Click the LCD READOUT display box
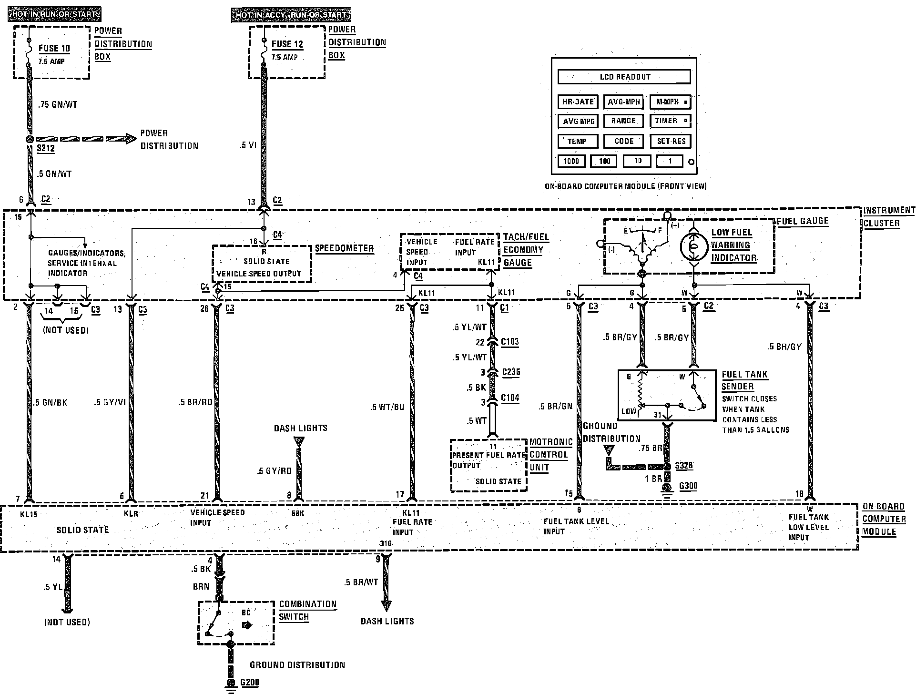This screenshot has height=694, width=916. pos(624,77)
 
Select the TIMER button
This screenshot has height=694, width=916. pos(670,121)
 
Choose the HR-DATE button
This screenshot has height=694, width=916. pos(578,102)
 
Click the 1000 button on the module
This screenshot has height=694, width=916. pos(571,161)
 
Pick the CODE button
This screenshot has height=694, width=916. pos(624,141)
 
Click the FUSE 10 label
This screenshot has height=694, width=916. pos(54,48)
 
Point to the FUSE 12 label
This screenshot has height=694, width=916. pos(287,44)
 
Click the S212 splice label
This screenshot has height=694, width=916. pos(46,148)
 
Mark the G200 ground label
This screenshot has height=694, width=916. pos(250,683)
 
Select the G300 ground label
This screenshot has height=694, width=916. pos(688,486)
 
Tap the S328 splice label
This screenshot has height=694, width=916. pos(684,465)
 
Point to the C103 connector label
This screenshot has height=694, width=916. pos(510,342)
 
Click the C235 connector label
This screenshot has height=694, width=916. pos(510,372)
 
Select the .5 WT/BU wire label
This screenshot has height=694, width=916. pos(388,407)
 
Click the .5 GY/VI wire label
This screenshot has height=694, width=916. pos(110,402)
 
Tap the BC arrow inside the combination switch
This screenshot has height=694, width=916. pos(246,625)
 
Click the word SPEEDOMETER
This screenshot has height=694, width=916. pos(345,248)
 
